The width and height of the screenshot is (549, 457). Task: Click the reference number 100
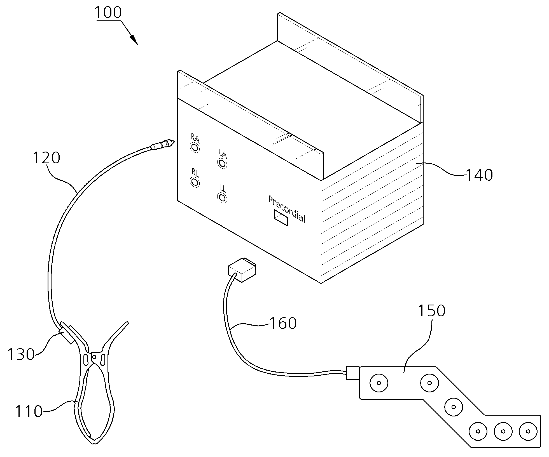[108, 13]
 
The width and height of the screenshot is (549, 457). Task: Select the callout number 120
[46, 158]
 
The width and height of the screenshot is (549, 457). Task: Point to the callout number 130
[21, 354]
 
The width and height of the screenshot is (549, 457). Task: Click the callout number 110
[29, 411]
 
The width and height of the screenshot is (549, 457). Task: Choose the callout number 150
[431, 311]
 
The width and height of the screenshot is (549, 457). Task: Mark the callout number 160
[283, 324]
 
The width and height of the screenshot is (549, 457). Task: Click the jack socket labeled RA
[195, 147]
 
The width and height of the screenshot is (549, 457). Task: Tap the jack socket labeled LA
[222, 163]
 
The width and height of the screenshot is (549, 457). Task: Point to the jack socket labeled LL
[222, 198]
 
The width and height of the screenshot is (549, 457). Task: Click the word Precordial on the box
[286, 208]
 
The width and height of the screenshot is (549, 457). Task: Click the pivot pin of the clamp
[94, 357]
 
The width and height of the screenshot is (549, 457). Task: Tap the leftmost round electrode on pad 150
[379, 383]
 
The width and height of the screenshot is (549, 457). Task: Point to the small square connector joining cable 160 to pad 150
[353, 373]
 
